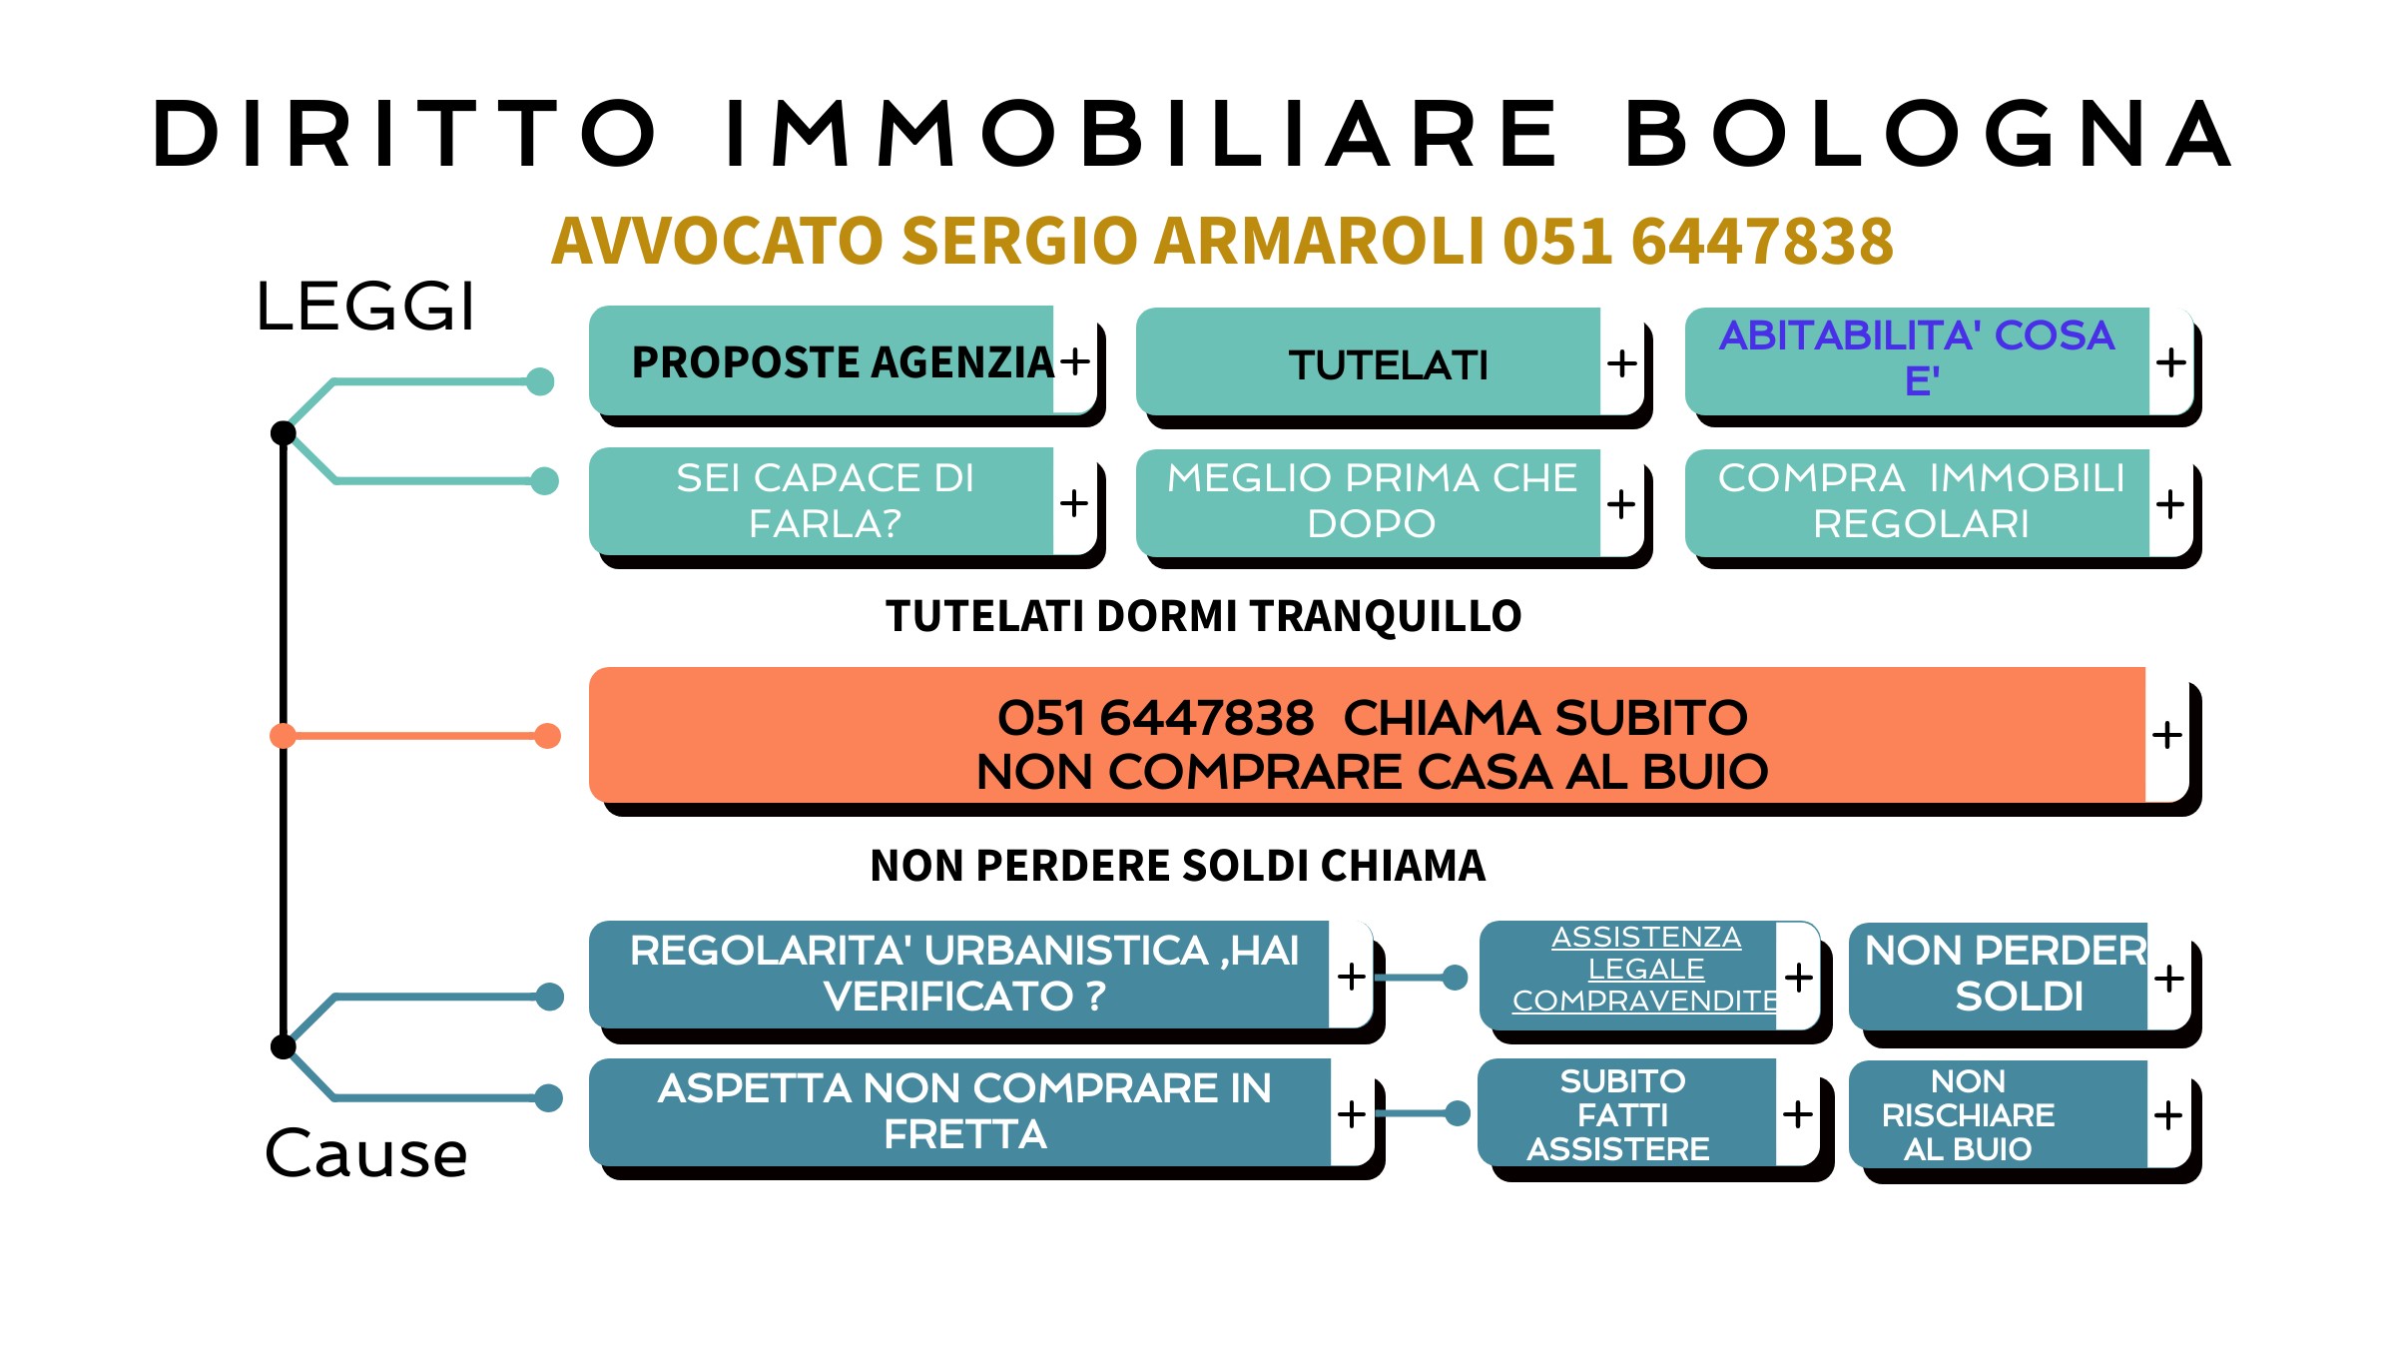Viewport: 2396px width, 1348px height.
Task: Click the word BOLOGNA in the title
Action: (x=1929, y=134)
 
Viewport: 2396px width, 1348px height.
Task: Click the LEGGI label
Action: (x=365, y=306)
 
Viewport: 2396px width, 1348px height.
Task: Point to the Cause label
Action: (x=366, y=1154)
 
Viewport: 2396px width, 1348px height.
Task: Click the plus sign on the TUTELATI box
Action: (x=1622, y=362)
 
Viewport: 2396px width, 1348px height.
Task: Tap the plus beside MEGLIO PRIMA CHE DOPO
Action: (x=1621, y=503)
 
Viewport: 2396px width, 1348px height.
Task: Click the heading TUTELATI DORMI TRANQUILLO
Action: (x=1204, y=617)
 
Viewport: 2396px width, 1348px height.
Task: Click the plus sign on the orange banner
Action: (x=2166, y=735)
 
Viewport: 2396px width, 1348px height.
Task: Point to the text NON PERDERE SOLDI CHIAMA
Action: (x=1178, y=866)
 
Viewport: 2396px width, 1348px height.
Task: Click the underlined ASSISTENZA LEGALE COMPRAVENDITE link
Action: (x=1645, y=969)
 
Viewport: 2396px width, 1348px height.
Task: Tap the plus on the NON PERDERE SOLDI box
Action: (x=2168, y=979)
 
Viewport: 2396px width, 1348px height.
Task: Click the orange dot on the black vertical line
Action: (x=284, y=736)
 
